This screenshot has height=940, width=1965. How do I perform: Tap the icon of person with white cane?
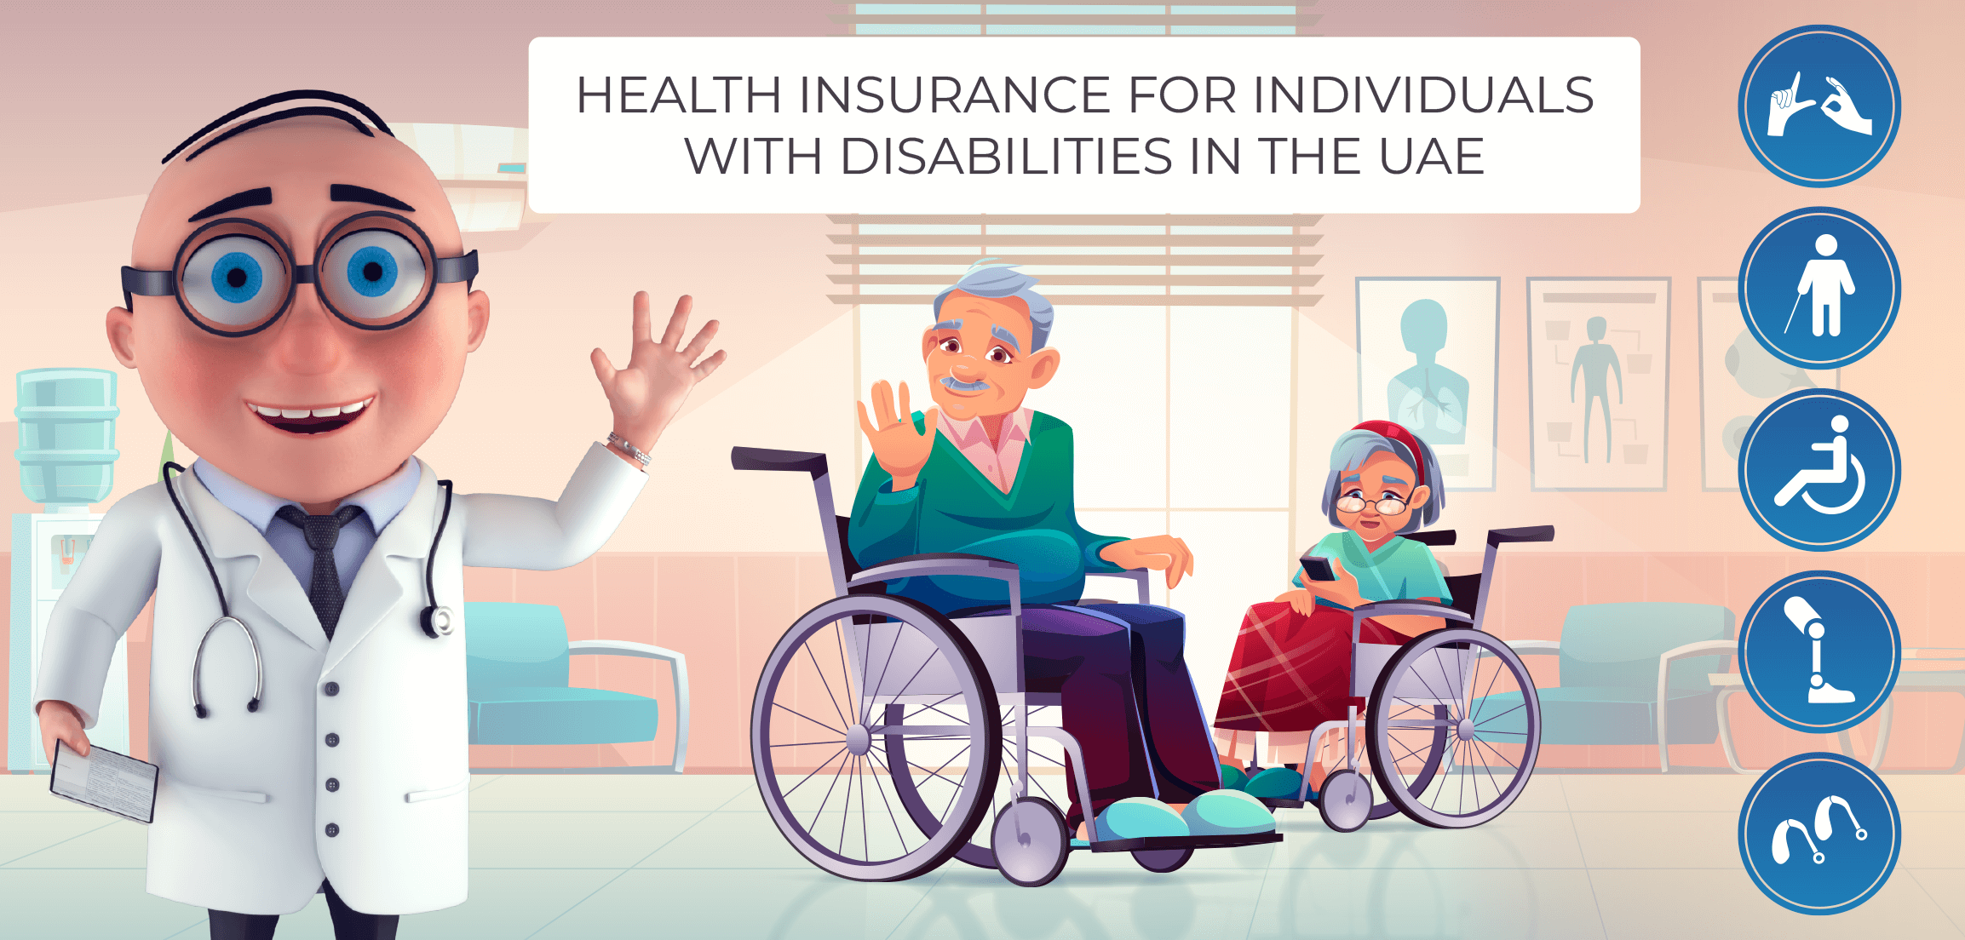point(1818,288)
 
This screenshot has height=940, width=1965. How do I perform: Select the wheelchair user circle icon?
point(1818,470)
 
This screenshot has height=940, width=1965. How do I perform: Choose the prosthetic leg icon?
point(1818,651)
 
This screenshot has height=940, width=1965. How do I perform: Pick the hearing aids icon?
point(1818,834)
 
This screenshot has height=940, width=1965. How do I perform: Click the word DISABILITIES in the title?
point(1007,157)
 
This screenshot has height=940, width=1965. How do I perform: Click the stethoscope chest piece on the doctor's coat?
point(439,620)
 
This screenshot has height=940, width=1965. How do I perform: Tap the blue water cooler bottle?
point(66,434)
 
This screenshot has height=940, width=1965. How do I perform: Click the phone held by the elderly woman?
point(1317,568)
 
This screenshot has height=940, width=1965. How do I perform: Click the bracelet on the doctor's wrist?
point(629,448)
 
